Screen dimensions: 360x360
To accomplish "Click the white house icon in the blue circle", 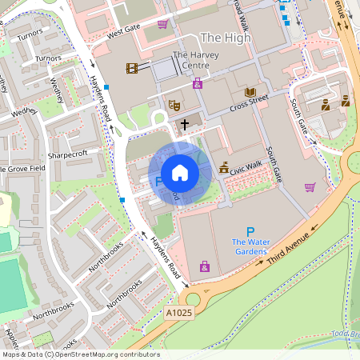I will pyautogui.click(x=180, y=173).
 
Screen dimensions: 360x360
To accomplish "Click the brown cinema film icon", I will pyautogui.click(x=131, y=69).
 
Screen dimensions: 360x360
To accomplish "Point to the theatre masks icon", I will pyautogui.click(x=173, y=105).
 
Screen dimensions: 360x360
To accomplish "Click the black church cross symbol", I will pyautogui.click(x=186, y=124).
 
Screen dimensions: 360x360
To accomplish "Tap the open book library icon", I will pyautogui.click(x=250, y=92).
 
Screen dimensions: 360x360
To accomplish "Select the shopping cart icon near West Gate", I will pyautogui.click(x=163, y=24).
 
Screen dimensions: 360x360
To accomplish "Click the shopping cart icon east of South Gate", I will pyautogui.click(x=310, y=187).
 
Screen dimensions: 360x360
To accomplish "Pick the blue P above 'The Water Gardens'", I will pyautogui.click(x=250, y=231).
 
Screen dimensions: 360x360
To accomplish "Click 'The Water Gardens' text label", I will pyautogui.click(x=250, y=247).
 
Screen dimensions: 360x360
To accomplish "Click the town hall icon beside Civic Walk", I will pyautogui.click(x=223, y=168).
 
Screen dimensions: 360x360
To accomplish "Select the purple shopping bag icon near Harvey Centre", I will pyautogui.click(x=198, y=83).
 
